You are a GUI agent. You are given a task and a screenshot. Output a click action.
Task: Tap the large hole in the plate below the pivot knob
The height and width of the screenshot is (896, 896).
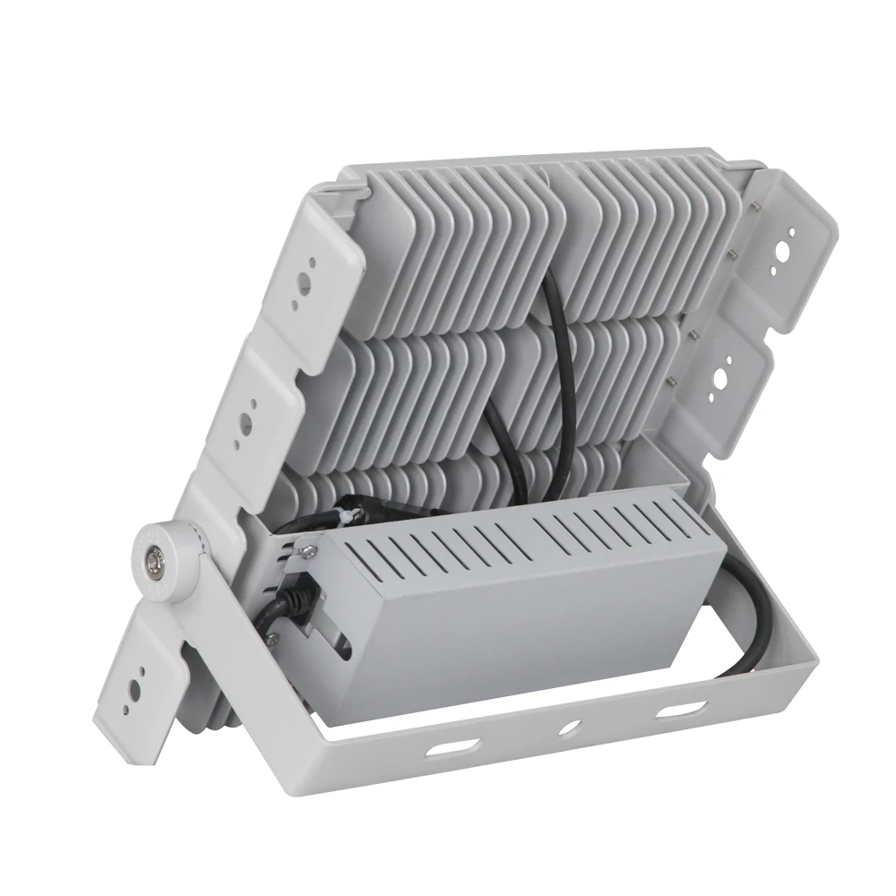(135, 689)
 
